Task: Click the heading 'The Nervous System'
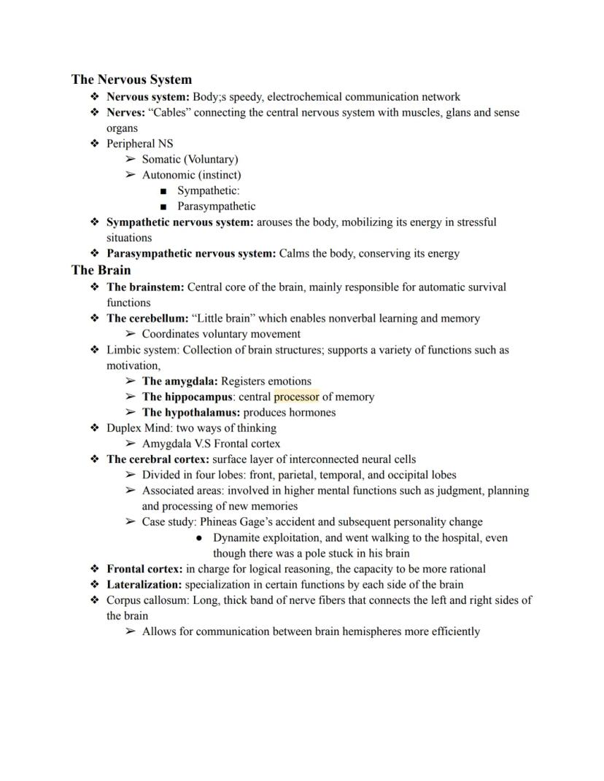pyautogui.click(x=131, y=79)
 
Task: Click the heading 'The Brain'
pyautogui.click(x=101, y=270)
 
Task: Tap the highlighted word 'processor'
pyautogui.click(x=296, y=397)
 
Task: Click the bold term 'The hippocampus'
pyautogui.click(x=187, y=397)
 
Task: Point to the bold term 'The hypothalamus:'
pyautogui.click(x=190, y=412)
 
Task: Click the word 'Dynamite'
pyautogui.click(x=236, y=537)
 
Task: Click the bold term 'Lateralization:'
pyautogui.click(x=144, y=584)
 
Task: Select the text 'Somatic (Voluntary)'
pyautogui.click(x=190, y=159)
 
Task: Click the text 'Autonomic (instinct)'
pyautogui.click(x=191, y=175)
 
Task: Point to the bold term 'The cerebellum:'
pyautogui.click(x=147, y=318)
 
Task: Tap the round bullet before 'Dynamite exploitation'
pyautogui.click(x=199, y=537)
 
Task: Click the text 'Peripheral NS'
pyautogui.click(x=140, y=144)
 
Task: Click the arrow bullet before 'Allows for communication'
pyautogui.click(x=130, y=632)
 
